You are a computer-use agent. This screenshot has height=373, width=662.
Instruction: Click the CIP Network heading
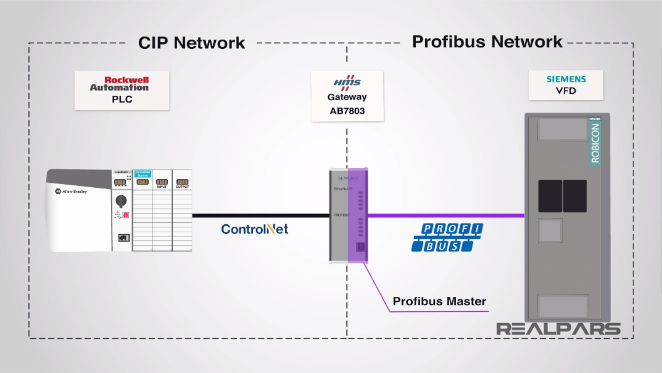point(191,43)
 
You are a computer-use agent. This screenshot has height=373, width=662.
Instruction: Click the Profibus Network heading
point(487,42)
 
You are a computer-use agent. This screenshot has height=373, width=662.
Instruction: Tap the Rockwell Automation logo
point(119,83)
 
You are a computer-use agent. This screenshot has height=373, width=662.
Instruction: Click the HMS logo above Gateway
point(347,82)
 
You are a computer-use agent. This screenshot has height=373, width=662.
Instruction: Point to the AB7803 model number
point(347,111)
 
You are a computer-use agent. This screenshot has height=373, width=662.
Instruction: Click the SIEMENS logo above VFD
point(566,79)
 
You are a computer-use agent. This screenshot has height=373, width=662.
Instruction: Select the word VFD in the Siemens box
point(566,91)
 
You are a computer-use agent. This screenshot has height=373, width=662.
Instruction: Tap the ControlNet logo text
point(254,229)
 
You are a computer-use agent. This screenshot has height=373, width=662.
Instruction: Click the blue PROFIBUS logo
point(447,238)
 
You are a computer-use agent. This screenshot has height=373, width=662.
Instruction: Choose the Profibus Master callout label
point(439,301)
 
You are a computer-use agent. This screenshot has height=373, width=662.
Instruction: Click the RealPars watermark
point(558,329)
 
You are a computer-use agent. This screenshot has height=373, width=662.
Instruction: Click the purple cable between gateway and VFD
point(444,215)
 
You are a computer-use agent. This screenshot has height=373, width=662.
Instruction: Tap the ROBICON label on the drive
point(595,143)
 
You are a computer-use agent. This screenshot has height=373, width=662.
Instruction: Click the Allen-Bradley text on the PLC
point(74,191)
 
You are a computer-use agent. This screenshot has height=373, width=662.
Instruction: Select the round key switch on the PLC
point(121,201)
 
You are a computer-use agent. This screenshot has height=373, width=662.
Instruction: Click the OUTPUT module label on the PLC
point(182,187)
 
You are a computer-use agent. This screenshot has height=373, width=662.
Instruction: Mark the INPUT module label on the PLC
point(162,187)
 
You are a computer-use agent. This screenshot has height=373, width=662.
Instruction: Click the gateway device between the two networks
point(348,215)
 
